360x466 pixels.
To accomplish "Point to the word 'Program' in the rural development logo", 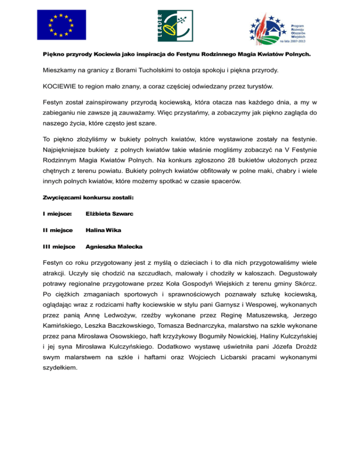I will point(299,24).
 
